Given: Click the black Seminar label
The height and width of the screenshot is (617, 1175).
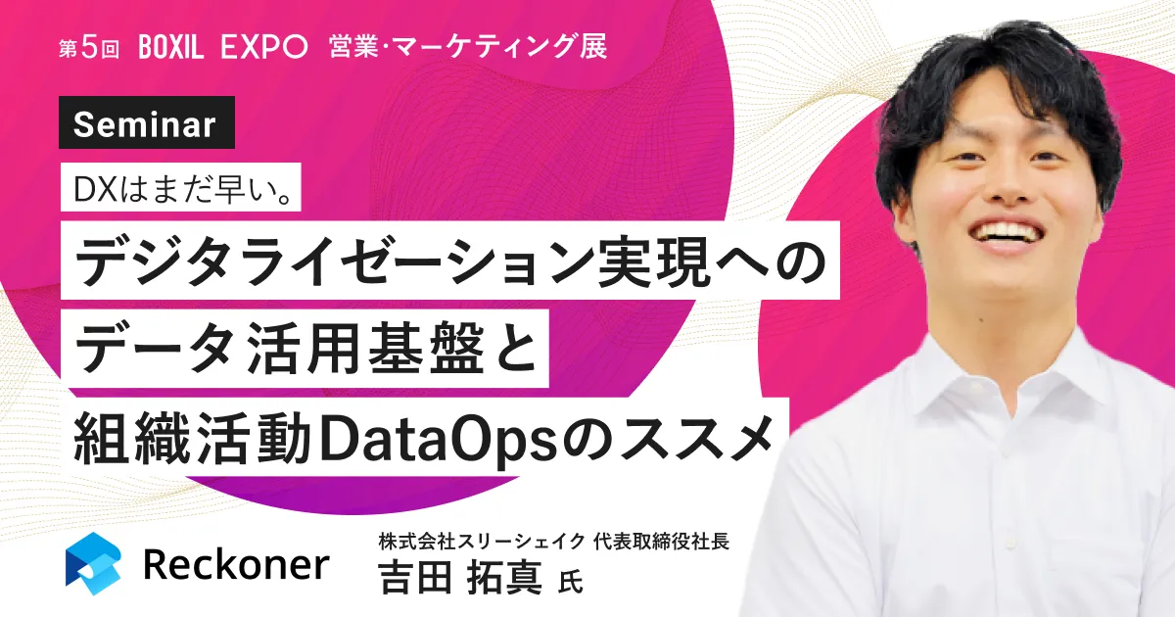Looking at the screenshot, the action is tap(146, 122).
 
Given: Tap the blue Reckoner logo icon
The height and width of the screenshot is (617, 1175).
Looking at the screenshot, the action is tap(93, 563).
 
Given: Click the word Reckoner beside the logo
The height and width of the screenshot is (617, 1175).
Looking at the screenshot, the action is tap(236, 564).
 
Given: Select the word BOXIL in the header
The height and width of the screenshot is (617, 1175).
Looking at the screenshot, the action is tap(171, 47).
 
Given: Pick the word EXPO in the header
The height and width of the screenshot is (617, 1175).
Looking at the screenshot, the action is tap(263, 47).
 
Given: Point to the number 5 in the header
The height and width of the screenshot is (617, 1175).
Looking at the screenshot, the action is tap(90, 48).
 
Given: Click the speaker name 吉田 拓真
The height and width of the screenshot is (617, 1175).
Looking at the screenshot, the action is tap(460, 577).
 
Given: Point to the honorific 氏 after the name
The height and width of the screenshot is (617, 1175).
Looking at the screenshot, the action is tap(570, 582).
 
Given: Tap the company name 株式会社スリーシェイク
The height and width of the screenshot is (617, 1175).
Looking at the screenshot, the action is tap(482, 541).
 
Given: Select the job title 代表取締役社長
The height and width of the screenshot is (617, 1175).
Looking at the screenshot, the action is tap(661, 541).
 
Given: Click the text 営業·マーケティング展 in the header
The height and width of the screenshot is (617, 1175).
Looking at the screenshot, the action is tap(468, 47).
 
